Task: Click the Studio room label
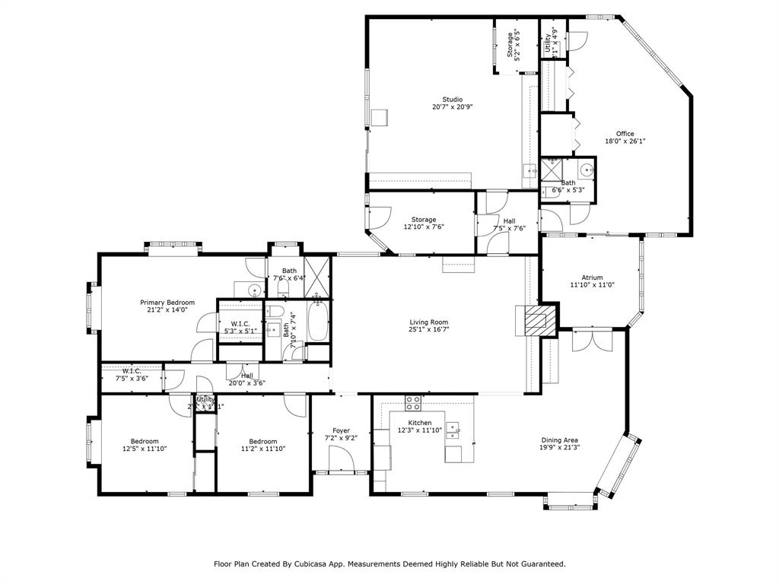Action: (x=453, y=100)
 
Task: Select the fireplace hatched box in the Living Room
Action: (x=537, y=321)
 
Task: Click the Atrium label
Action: (x=592, y=278)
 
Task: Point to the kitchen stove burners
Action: (x=413, y=401)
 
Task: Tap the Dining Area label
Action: (x=559, y=440)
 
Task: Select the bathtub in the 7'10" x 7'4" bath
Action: (x=316, y=321)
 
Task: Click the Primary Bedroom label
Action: (x=167, y=302)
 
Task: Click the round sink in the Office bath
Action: (x=586, y=170)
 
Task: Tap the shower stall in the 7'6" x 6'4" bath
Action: (x=317, y=270)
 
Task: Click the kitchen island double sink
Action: (x=453, y=431)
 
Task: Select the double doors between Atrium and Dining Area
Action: (x=591, y=339)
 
